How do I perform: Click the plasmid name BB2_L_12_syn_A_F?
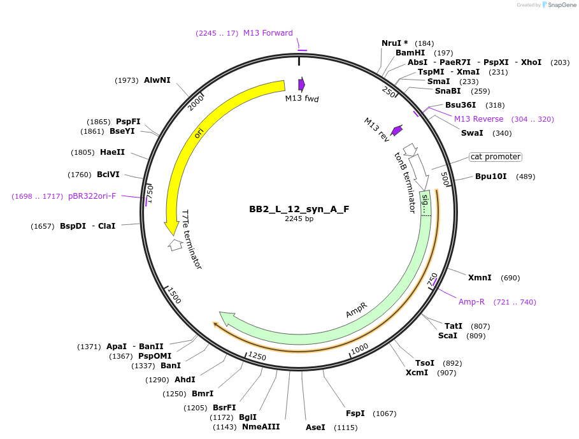[299, 209]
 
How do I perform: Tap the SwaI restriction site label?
[472, 133]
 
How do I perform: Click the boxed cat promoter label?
[495, 157]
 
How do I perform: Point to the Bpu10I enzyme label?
[490, 176]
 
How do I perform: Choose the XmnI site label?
[480, 278]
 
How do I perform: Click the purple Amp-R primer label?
[471, 302]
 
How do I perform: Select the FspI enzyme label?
[355, 414]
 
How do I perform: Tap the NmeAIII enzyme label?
[261, 427]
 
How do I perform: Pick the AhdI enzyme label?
[185, 380]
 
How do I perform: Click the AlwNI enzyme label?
[157, 80]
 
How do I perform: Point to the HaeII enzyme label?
[112, 152]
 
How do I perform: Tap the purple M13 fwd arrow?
[301, 84]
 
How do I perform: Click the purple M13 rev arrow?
[397, 130]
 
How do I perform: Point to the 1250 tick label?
[257, 356]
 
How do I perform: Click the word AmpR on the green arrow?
[356, 310]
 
